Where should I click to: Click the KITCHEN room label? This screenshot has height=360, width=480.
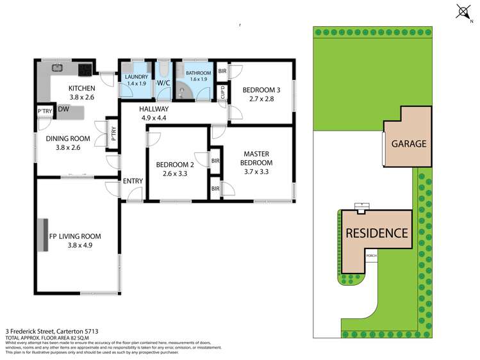tap(81, 88)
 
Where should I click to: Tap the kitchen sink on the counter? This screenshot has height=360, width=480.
tap(56, 67)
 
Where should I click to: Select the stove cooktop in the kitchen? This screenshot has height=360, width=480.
tap(85, 69)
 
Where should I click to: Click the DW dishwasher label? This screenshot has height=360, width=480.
tap(63, 110)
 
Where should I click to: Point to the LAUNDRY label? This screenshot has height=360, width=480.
tap(137, 77)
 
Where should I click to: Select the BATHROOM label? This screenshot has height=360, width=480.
tap(197, 74)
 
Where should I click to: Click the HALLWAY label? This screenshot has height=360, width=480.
tap(154, 110)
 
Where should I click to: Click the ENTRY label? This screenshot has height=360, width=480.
tap(132, 181)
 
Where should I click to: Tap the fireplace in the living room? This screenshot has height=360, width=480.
tap(46, 235)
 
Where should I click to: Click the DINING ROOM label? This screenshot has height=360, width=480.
tap(67, 138)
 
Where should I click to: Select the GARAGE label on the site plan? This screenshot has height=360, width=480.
tap(409, 143)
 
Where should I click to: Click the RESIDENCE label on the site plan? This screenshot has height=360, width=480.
tap(377, 233)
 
